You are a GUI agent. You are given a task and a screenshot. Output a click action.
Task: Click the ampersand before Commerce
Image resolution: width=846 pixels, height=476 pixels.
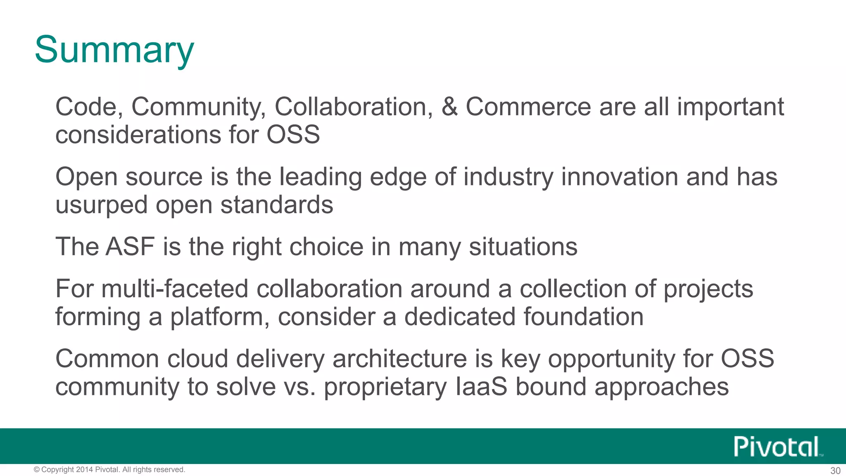point(449,107)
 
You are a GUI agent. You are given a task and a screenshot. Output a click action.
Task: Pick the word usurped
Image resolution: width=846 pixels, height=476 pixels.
point(101,205)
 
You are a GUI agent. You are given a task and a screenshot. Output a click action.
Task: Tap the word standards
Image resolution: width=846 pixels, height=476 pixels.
point(277,205)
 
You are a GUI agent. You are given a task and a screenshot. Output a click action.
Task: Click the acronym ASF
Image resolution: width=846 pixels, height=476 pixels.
point(130,247)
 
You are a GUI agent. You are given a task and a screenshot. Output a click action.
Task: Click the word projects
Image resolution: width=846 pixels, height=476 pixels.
point(708,289)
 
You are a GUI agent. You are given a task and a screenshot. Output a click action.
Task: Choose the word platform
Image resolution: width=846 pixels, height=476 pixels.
point(218,317)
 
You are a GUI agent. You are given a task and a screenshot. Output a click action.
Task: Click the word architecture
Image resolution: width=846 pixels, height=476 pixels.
point(399,358)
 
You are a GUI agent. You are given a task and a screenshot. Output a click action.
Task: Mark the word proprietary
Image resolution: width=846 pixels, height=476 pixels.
point(385,387)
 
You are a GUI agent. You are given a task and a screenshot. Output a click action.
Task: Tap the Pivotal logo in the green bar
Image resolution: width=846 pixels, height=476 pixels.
point(777,447)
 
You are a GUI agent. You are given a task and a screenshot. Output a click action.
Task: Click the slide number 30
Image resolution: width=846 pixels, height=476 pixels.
point(835,471)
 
